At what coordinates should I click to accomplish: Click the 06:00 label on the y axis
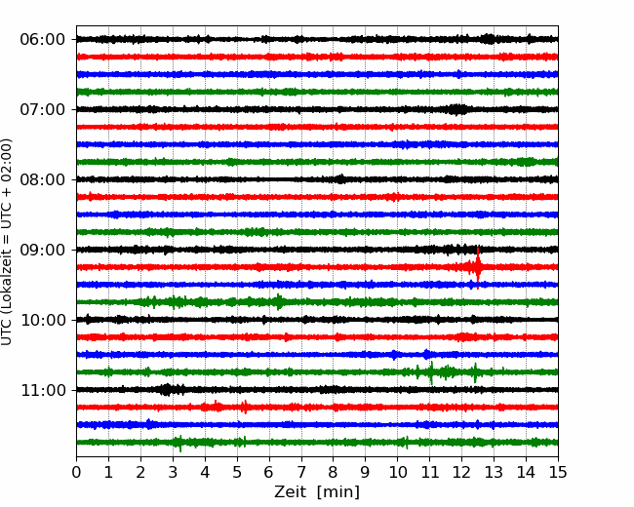43,40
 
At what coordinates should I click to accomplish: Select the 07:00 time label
43,109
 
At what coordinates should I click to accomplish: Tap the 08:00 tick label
43,179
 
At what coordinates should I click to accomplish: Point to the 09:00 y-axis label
43,250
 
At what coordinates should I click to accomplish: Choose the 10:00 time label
43,320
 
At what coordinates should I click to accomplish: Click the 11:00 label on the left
43,390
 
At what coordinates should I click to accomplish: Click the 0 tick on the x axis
76,472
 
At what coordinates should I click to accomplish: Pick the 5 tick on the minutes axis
237,472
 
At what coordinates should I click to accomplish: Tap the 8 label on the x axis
334,472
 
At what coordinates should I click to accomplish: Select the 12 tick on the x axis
461,472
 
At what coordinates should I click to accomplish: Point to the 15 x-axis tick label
558,472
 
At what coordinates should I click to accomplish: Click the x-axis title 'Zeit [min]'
317,491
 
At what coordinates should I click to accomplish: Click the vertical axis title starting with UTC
7,242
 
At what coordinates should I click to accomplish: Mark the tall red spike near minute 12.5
478,267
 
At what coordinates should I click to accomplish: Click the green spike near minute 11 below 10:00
431,372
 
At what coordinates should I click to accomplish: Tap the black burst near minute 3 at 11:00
166,390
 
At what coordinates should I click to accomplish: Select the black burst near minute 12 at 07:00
457,109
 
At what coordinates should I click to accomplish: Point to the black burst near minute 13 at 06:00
489,39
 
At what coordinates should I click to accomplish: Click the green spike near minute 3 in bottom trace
179,443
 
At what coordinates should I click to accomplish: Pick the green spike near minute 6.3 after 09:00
279,302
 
